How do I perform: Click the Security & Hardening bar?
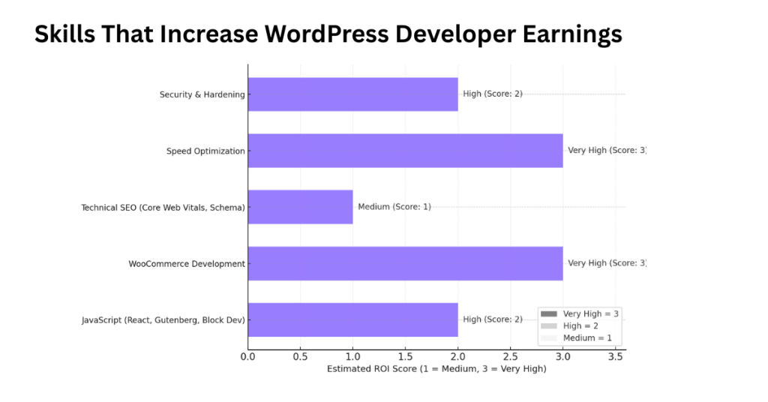pos(352,94)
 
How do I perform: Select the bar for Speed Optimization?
pos(405,151)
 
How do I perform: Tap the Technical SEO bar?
pos(300,207)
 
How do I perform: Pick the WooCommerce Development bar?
pos(405,263)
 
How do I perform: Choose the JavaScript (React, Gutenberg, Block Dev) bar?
pos(352,319)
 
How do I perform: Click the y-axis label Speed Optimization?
pos(205,151)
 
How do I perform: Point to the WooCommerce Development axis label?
pos(187,264)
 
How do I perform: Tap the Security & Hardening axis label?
pos(202,95)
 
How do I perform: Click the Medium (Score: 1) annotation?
pos(394,207)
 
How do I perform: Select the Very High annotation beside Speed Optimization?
pos(606,151)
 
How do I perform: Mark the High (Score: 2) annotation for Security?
pos(493,94)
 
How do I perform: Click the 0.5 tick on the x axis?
pos(300,356)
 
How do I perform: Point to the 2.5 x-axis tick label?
pos(510,356)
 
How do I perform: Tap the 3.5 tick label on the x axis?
pos(615,356)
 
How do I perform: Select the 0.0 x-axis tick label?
pos(247,356)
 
